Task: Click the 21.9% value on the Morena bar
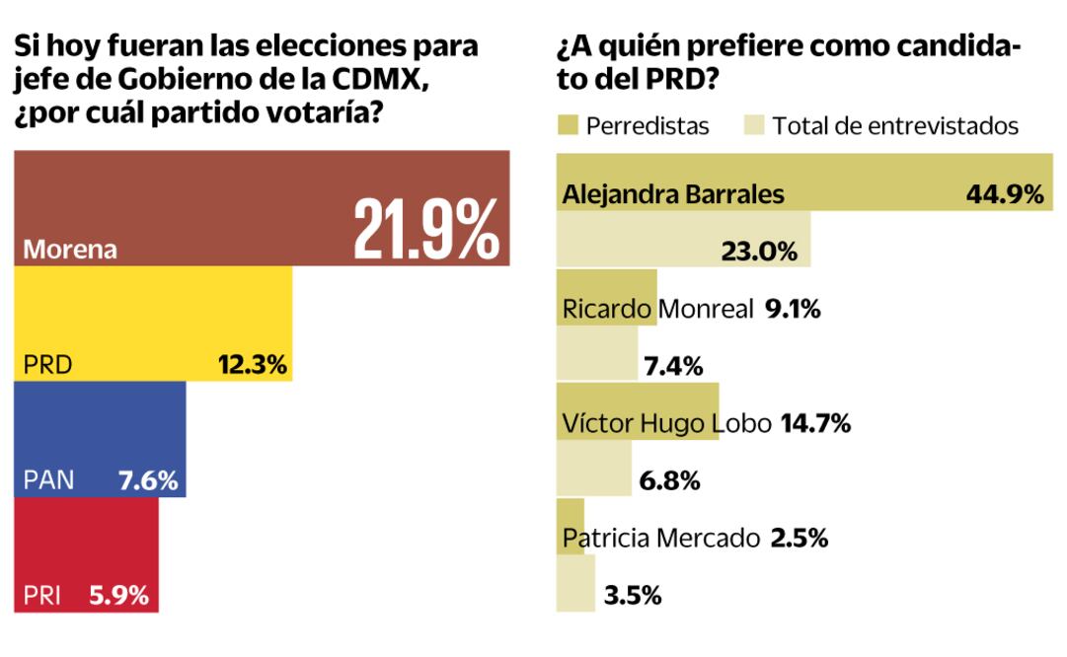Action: coord(425,229)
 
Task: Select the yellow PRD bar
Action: coord(153,324)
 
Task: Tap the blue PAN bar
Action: coord(100,439)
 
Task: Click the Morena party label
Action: coord(70,250)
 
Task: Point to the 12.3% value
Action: coord(252,366)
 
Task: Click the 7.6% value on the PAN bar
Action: coord(147,481)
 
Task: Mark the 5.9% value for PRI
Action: coord(119,596)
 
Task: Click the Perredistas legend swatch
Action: coord(567,126)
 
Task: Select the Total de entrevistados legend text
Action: coord(895,126)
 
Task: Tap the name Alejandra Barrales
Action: coord(673,194)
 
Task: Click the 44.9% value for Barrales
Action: coord(1004,194)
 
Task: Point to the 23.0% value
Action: coord(761,252)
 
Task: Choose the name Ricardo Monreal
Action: coord(657,309)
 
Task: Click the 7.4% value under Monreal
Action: coord(672,367)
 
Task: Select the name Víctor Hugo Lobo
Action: coord(667,424)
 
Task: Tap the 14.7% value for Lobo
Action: coord(815,424)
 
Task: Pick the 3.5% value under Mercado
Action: coord(632,596)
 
